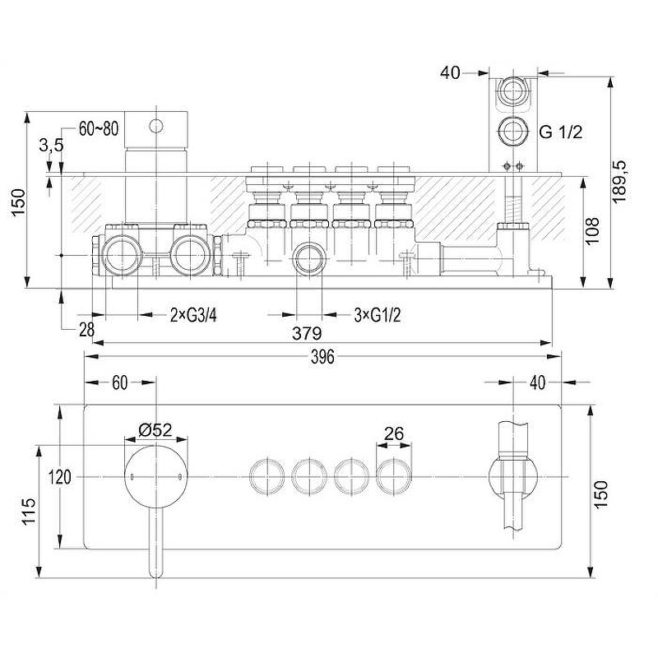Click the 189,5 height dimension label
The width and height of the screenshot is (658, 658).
(620, 181)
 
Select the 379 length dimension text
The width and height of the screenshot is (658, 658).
(307, 333)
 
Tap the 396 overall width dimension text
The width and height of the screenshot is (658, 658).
(322, 357)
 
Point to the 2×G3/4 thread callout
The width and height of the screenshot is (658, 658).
(193, 315)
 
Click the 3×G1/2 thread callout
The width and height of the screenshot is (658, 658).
(378, 315)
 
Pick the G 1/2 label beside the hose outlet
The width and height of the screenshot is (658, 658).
(561, 132)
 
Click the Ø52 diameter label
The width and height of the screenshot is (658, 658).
(155, 429)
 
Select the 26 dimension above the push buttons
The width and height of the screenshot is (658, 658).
(394, 433)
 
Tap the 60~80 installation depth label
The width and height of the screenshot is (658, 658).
(99, 129)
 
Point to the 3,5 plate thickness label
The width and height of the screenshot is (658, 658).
(51, 146)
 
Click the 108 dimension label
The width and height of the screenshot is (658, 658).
(592, 231)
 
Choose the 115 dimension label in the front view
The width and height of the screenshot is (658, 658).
(29, 512)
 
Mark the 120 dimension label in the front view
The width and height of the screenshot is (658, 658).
(59, 477)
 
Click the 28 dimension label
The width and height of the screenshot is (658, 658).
(87, 330)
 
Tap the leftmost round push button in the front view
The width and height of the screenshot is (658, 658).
(266, 477)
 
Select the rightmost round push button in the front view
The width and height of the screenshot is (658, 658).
(394, 477)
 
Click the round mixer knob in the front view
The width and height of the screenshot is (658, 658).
(156, 477)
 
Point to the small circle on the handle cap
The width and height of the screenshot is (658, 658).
(156, 126)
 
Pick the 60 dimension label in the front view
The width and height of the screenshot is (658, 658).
(119, 382)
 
